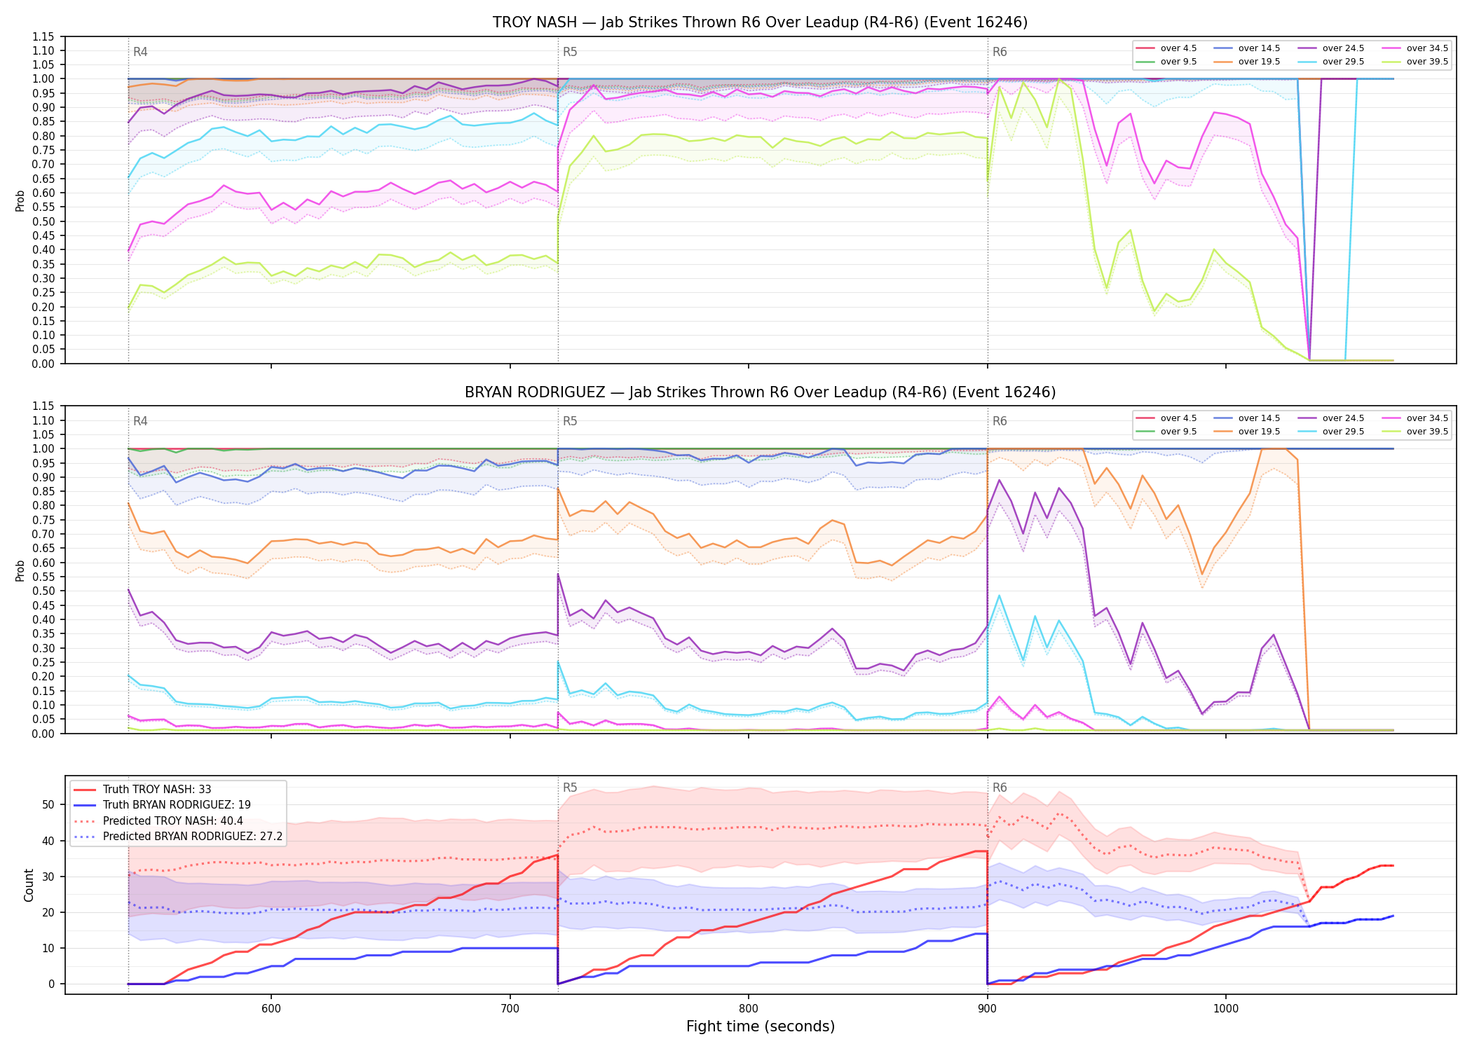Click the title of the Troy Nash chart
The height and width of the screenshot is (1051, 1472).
(x=760, y=22)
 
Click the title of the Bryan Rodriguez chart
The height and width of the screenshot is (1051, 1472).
(x=760, y=392)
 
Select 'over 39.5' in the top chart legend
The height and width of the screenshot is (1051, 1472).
(x=1427, y=62)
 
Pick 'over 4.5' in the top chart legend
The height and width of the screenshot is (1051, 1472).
(x=1178, y=48)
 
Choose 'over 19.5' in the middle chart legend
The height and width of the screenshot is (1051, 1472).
(x=1259, y=432)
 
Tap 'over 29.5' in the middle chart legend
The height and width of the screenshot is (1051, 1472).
(x=1343, y=432)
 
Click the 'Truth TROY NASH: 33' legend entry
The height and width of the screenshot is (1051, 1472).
(x=157, y=790)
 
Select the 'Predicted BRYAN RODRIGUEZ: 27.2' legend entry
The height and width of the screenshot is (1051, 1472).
(x=193, y=837)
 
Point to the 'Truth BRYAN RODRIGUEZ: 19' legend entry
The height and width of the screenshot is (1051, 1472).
(x=177, y=805)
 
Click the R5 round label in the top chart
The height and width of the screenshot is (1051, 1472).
(x=570, y=52)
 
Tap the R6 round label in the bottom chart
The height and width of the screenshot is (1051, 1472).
(x=1000, y=788)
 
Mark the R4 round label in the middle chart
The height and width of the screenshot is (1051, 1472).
(x=140, y=421)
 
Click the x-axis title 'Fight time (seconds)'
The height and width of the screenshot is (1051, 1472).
(x=761, y=1026)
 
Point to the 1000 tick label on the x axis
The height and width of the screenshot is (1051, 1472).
(x=1226, y=1009)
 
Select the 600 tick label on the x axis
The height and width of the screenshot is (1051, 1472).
(x=271, y=1009)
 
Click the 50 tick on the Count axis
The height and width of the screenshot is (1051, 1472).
(x=48, y=804)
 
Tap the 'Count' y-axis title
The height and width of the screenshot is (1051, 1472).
(x=29, y=885)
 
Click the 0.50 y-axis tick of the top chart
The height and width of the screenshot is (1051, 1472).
(x=43, y=221)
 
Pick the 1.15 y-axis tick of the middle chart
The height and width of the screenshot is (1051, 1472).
(x=43, y=406)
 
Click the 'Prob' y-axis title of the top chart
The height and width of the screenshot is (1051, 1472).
(x=20, y=200)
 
